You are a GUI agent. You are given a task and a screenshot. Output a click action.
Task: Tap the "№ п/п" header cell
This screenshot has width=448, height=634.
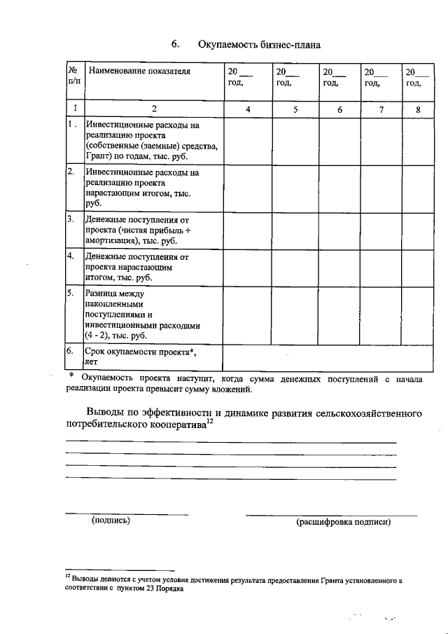tap(73, 77)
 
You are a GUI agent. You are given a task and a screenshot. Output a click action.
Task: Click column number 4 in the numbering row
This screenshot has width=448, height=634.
tap(247, 109)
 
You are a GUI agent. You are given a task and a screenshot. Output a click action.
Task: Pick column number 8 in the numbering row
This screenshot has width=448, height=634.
tap(418, 109)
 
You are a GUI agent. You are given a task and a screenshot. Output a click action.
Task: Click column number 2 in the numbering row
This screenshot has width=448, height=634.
tap(153, 109)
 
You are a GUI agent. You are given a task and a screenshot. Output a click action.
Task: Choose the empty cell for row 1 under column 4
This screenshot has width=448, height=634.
tap(247, 141)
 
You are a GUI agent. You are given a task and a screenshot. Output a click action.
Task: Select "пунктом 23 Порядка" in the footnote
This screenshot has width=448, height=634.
tap(149, 590)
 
